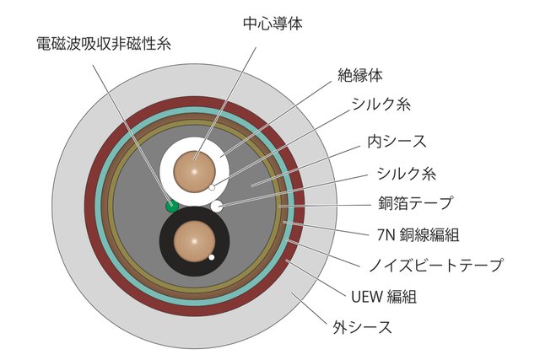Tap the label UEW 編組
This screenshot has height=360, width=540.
click(x=381, y=296)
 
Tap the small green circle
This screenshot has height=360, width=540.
click(x=171, y=205)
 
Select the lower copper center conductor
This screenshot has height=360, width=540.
click(x=193, y=240)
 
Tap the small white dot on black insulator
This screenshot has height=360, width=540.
click(x=212, y=257)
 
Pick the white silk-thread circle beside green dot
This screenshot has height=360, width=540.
click(x=217, y=205)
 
